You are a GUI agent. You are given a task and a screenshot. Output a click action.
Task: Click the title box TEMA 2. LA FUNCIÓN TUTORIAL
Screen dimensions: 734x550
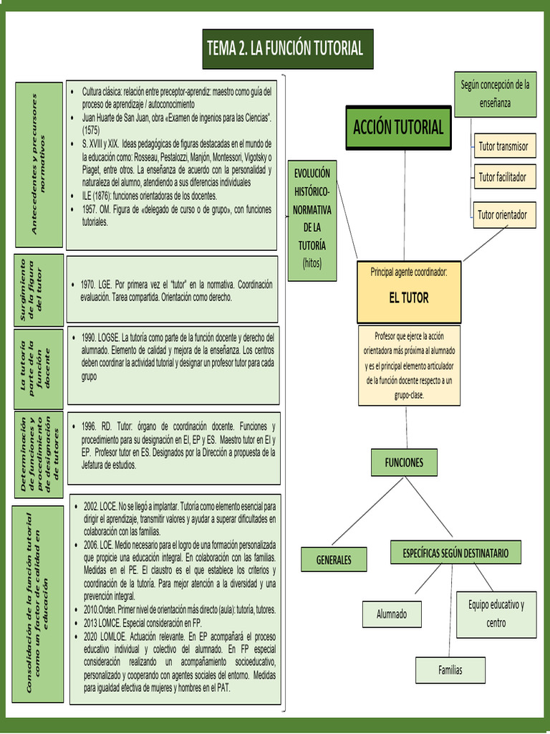[x=287, y=49]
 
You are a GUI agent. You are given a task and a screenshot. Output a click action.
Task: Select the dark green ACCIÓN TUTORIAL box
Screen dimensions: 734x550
[x=398, y=128]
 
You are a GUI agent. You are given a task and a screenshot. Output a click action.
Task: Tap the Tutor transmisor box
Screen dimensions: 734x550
[x=503, y=146]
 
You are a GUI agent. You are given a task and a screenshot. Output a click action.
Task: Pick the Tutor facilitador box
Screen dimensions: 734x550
[x=503, y=176]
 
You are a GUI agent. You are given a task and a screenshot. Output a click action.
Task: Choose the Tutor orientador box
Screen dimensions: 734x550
[x=503, y=214]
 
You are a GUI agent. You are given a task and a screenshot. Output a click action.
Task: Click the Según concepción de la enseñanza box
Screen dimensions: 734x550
[x=495, y=94]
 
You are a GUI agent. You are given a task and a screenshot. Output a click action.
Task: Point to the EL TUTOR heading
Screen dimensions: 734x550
[x=409, y=297]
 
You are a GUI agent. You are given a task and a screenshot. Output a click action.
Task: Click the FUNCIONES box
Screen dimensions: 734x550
[x=404, y=463]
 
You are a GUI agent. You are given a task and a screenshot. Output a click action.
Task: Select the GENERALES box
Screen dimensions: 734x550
[x=334, y=560]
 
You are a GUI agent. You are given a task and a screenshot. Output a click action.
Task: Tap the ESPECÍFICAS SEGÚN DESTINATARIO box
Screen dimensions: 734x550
[x=455, y=553]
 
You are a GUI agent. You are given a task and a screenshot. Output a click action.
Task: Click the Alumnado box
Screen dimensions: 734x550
[x=392, y=614]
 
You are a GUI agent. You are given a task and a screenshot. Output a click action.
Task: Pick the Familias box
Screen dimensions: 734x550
[x=450, y=670]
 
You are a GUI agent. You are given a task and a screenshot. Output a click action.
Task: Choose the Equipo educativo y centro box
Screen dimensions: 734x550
[x=496, y=614]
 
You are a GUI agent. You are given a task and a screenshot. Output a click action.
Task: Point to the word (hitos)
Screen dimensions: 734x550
[x=312, y=263]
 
